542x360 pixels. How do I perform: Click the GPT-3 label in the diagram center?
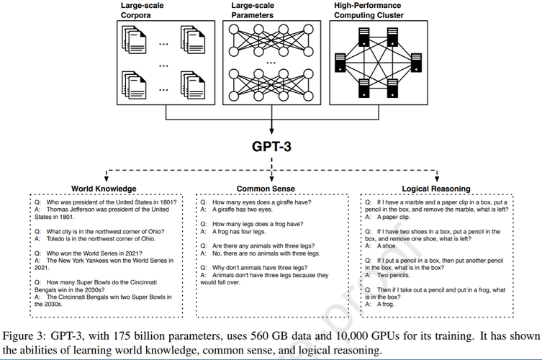click(x=271, y=146)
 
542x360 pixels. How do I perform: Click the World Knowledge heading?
click(x=104, y=189)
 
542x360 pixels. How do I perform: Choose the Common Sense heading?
click(x=270, y=189)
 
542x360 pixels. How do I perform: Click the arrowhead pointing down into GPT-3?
click(x=271, y=130)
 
